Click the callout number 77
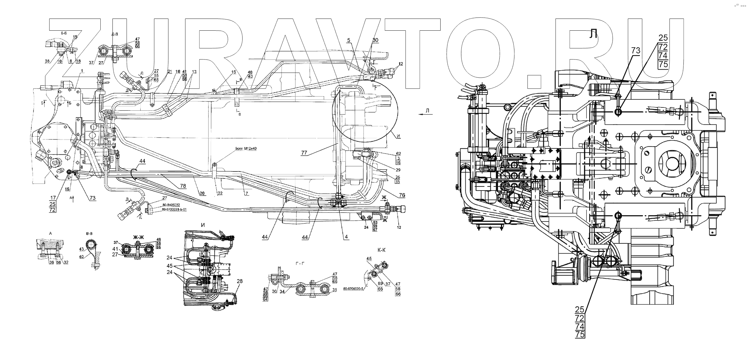tap(304, 153)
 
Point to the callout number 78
tap(182, 186)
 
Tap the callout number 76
tap(402, 195)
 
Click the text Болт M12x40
tap(246, 148)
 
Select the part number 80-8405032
tap(171, 205)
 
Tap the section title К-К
tap(381, 250)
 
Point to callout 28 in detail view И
tap(240, 281)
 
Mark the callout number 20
tap(202, 193)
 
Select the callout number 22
tap(220, 193)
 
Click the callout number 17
tap(53, 198)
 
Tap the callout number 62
tap(398, 154)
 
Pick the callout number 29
tap(398, 170)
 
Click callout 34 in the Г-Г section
tap(282, 292)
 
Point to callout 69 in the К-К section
tap(380, 284)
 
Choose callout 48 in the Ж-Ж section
tap(159, 239)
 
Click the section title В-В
tap(89, 233)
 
